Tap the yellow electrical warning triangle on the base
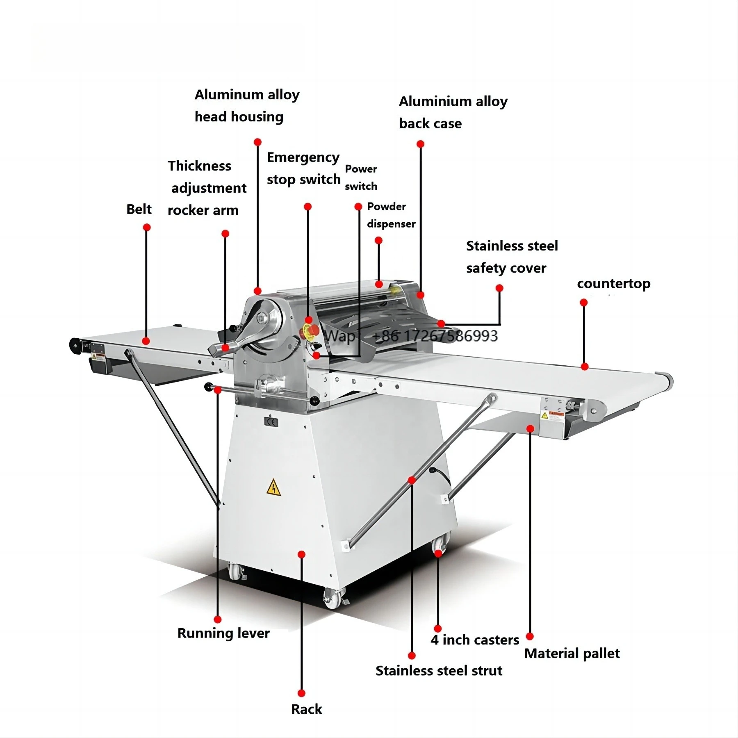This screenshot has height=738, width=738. (x=273, y=488)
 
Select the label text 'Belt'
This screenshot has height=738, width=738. (x=139, y=209)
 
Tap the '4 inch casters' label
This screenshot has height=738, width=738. (x=474, y=640)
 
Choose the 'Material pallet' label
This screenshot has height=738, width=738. (x=572, y=653)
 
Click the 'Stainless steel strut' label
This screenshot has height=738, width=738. (x=439, y=670)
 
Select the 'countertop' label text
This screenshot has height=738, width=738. (x=613, y=284)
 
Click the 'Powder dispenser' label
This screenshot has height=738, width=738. (x=391, y=215)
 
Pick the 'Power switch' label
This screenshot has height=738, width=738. (x=361, y=178)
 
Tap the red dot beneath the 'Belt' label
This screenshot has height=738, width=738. (x=146, y=227)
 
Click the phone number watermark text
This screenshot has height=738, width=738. (x=435, y=336)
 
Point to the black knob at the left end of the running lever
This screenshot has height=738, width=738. (x=209, y=386)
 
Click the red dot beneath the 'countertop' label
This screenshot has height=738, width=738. (x=583, y=303)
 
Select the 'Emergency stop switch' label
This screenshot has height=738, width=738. (x=303, y=169)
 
